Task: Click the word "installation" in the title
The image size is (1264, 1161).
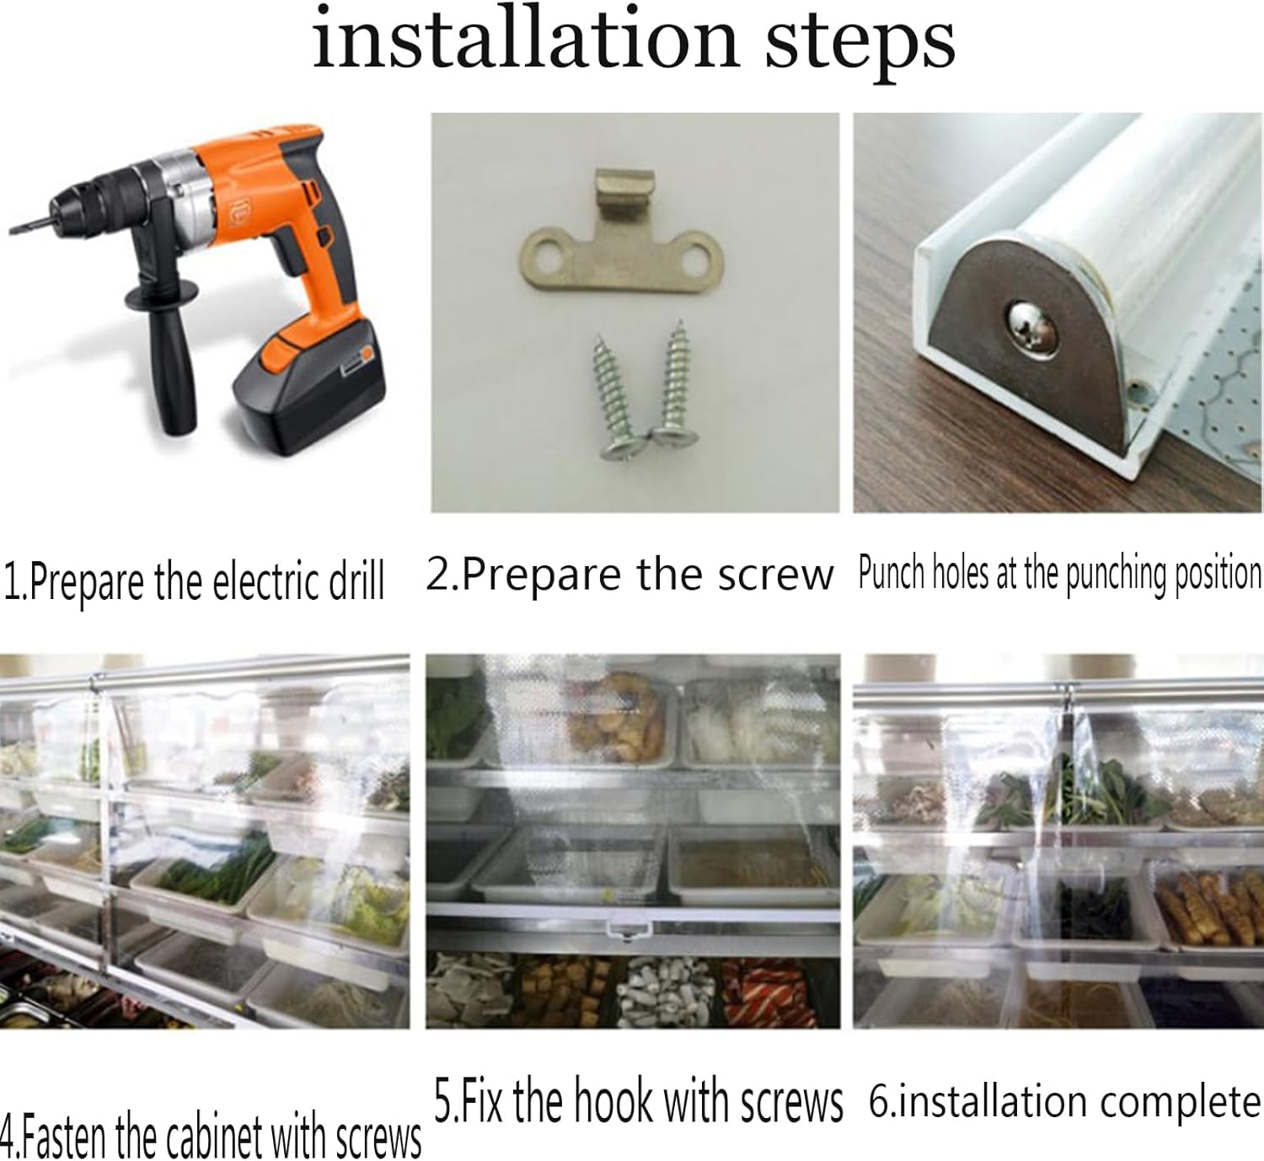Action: click(x=526, y=39)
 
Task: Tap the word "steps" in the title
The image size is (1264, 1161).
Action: click(x=860, y=45)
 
